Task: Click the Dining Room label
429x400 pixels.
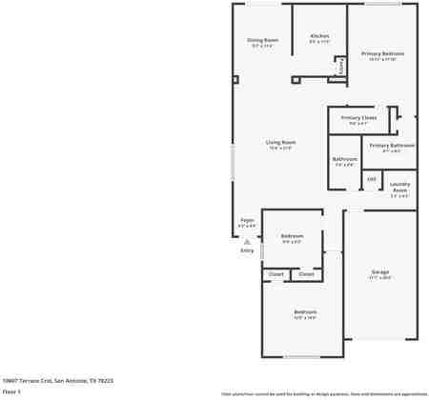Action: [262, 40]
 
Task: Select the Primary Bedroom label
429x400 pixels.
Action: [382, 53]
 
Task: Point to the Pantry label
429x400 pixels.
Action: [341, 67]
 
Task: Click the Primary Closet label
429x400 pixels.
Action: [358, 117]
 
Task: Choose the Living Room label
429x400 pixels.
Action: [280, 142]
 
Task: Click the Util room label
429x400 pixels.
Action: [372, 178]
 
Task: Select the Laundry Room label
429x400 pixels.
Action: [399, 187]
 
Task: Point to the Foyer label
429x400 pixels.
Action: [247, 220]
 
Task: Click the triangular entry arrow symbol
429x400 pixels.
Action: [246, 242]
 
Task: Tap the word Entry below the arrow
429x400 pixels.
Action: [247, 250]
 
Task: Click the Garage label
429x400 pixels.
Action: [380, 272]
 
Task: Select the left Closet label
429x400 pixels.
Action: [276, 273]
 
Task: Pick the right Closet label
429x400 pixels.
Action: [305, 273]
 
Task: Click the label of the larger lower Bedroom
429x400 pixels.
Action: [304, 312]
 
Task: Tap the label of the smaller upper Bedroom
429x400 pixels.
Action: [292, 235]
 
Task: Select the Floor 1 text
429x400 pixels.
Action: [11, 391]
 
